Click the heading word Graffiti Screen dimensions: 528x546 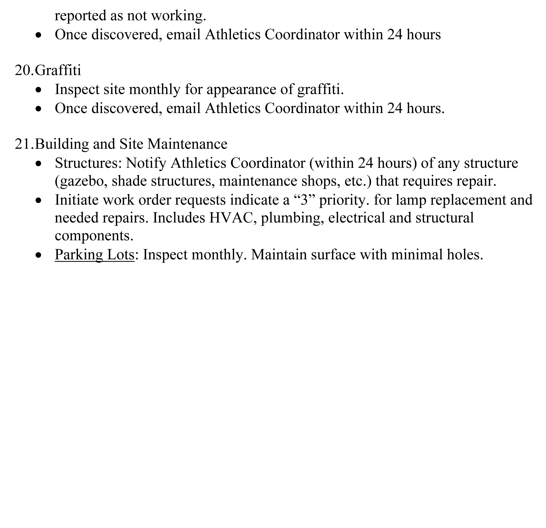pos(58,70)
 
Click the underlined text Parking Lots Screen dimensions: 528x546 pos(95,254)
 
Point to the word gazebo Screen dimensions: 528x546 pos(81,181)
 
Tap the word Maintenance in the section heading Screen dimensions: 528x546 pos(187,144)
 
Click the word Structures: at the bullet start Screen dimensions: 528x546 pos(88,163)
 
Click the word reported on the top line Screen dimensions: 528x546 pos(80,16)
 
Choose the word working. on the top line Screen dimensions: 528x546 pos(178,16)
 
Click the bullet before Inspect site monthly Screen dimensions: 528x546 pos(39,90)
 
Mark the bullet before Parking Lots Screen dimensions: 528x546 pos(39,255)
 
